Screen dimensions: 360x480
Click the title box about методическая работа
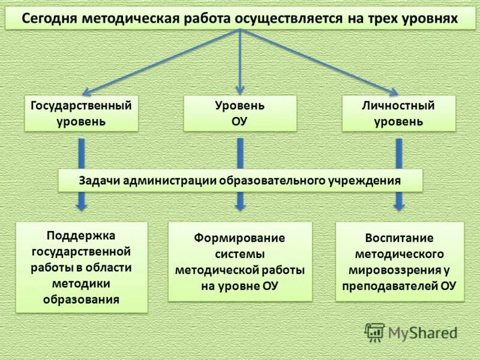coord(240,18)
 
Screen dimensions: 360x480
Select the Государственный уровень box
coord(81,113)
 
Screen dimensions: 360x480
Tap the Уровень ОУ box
coord(240,113)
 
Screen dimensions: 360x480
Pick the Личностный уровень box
coord(398,113)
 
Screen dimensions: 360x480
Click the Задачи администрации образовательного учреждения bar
coord(240,180)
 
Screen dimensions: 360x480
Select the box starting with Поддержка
coord(81,266)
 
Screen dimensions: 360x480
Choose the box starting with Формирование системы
coord(240,262)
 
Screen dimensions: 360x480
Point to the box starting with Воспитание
coord(400,262)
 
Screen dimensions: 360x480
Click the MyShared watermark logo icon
coord(375,332)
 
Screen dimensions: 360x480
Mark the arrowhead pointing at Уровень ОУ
coord(240,91)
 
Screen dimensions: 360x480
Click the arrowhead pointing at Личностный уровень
coord(393,92)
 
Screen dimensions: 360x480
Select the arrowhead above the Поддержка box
coord(82,205)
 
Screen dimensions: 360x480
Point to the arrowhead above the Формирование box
coord(240,205)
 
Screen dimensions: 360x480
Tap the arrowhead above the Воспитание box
coord(399,205)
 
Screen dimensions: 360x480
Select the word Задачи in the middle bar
coord(100,180)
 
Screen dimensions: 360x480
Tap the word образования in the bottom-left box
coord(81,298)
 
